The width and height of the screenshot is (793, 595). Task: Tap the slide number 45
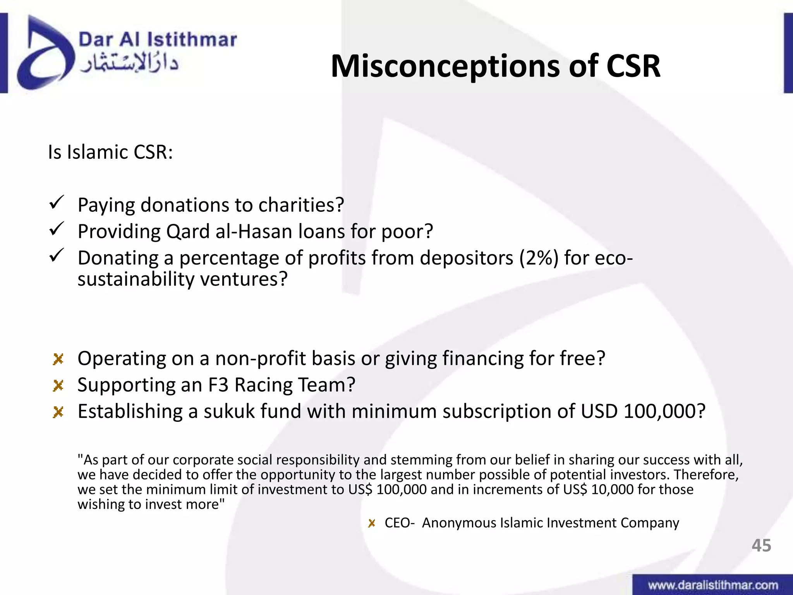[x=761, y=545]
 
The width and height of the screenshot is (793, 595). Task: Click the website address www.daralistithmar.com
[x=713, y=585]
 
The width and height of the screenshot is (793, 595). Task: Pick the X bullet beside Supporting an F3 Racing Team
[x=58, y=385]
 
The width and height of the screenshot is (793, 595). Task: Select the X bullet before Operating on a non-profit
[x=58, y=359]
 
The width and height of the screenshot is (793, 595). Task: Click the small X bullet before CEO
[x=372, y=523]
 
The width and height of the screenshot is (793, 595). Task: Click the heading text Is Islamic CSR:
[x=110, y=152]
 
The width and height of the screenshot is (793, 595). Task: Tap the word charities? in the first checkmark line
[x=301, y=205]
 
